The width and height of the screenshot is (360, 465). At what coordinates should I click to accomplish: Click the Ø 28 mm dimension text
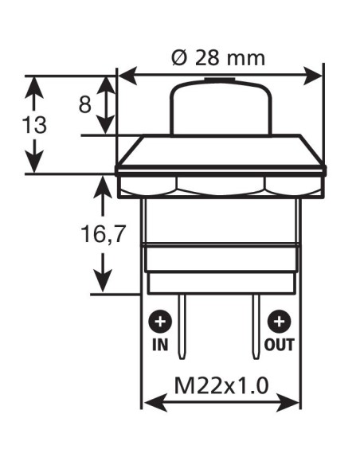220,58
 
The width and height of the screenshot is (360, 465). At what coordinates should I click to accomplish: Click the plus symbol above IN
161,322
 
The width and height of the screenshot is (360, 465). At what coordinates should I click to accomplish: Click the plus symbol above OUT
279,322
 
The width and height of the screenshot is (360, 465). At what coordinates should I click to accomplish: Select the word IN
161,346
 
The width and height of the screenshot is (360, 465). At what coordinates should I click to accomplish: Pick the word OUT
280,346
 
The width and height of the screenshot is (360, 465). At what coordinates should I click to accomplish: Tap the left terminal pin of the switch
183,326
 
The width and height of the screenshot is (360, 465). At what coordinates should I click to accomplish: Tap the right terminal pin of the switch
256,326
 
